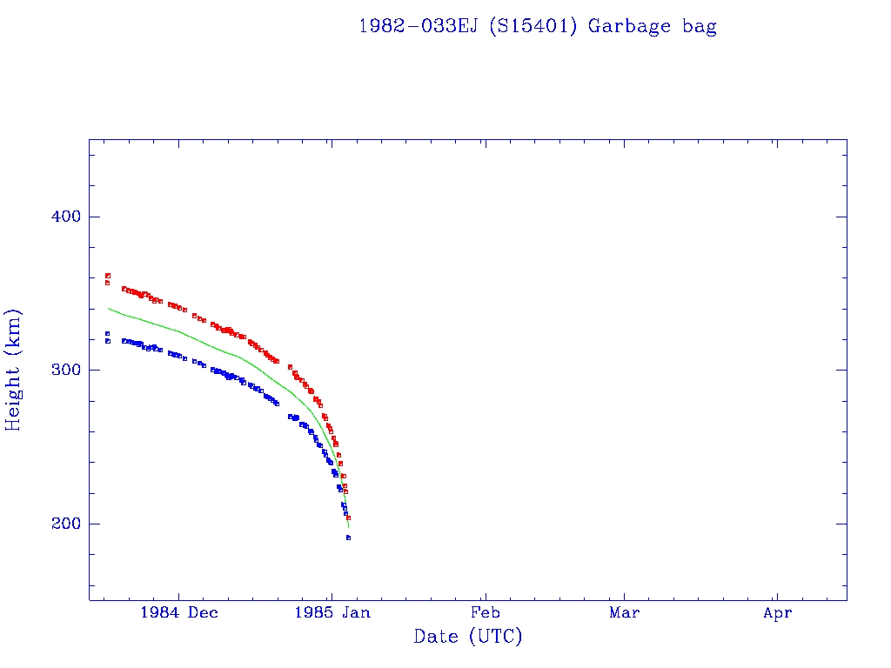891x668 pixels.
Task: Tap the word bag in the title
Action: (x=700, y=26)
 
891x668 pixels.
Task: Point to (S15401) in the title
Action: (x=533, y=26)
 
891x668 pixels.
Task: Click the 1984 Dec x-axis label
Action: (x=178, y=612)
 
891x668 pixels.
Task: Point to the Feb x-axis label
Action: (x=485, y=612)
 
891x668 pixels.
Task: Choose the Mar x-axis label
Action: (x=624, y=612)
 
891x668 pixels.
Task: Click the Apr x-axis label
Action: (x=777, y=612)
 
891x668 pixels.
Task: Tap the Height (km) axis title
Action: (x=14, y=370)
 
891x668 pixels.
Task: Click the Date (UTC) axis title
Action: (x=468, y=637)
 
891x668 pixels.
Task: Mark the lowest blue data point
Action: (x=348, y=538)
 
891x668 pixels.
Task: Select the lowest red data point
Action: (x=348, y=518)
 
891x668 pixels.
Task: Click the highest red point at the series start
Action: (x=107, y=276)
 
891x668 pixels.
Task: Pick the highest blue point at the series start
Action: (x=107, y=333)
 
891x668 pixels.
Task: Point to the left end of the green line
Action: (x=108, y=308)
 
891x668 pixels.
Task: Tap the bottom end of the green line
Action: (x=348, y=527)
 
